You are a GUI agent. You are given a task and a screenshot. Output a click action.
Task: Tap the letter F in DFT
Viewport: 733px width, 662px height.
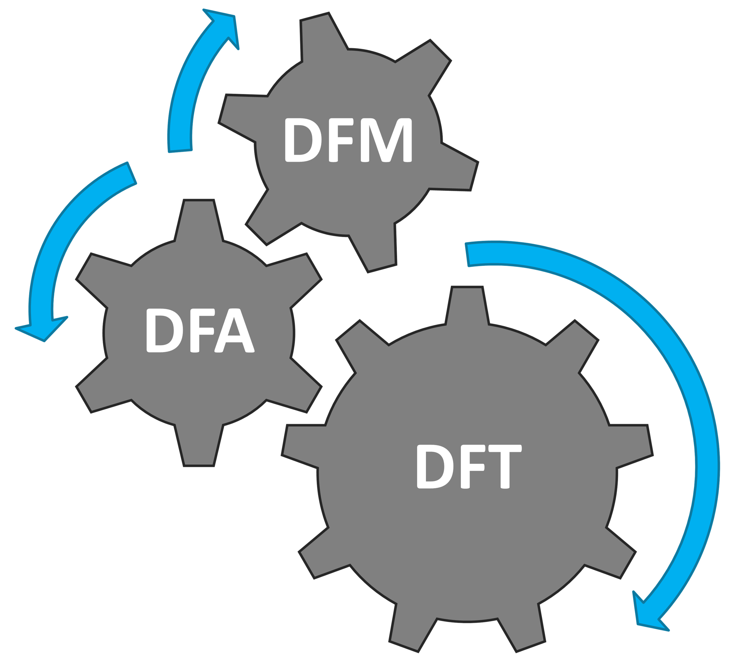pos(471,467)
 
